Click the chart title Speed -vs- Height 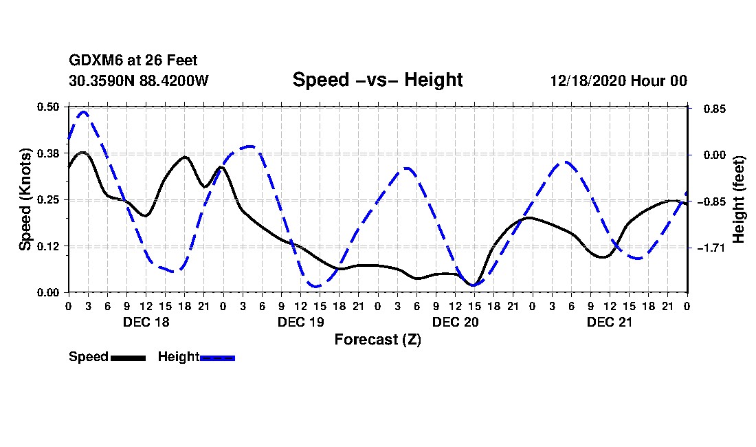pyautogui.click(x=377, y=80)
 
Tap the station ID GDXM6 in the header pyautogui.click(x=93, y=61)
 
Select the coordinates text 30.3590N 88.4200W pyautogui.click(x=138, y=80)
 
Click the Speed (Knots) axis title pyautogui.click(x=25, y=199)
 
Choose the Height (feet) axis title pyautogui.click(x=739, y=199)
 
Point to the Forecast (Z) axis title pyautogui.click(x=377, y=340)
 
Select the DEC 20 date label pyautogui.click(x=455, y=322)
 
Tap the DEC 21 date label pyautogui.click(x=610, y=322)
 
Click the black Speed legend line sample pyautogui.click(x=128, y=358)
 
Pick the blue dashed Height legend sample pyautogui.click(x=217, y=358)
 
